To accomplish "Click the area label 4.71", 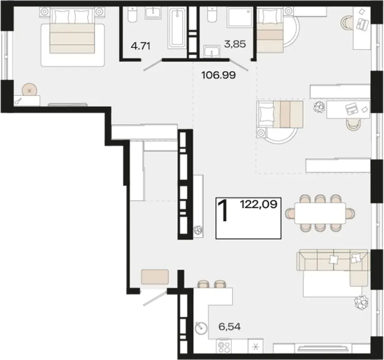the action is [140, 46].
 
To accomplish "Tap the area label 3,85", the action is [235, 45].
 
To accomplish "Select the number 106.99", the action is [218, 75].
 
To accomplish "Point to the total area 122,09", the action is [259, 204].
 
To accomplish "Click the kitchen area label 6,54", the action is [229, 327].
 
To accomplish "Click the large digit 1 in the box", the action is [223, 210].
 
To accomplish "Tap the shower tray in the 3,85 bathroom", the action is [240, 17].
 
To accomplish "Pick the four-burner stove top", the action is [224, 346].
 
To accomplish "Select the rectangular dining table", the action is [320, 213].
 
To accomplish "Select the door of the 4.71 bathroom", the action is [152, 66].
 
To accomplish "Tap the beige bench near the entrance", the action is [155, 277].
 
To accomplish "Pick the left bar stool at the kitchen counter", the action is [203, 284].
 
